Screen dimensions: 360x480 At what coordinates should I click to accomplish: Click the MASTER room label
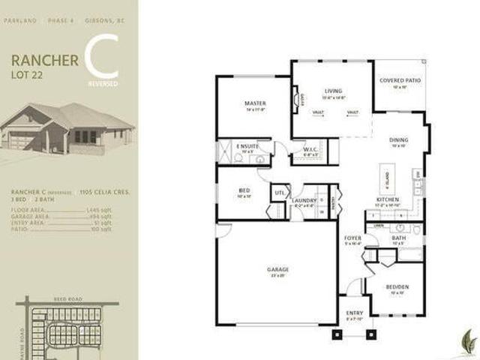click(x=255, y=103)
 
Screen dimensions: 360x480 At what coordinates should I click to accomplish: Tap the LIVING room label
click(x=322, y=90)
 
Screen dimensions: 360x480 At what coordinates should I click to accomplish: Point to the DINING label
click(x=398, y=140)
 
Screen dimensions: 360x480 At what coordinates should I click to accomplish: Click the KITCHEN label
click(x=386, y=199)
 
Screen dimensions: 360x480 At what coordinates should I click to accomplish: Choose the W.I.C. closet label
click(x=312, y=150)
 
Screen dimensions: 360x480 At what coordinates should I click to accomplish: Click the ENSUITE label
click(x=247, y=146)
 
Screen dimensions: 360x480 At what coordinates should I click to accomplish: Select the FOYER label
click(x=352, y=238)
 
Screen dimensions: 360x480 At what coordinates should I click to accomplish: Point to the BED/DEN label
click(x=397, y=286)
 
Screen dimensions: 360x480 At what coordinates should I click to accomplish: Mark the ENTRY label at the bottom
click(x=354, y=313)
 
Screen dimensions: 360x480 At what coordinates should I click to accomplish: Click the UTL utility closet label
click(x=279, y=193)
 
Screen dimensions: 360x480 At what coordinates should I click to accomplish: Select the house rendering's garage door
click(x=19, y=141)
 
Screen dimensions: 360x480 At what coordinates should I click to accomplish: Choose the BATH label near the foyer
click(x=398, y=238)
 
